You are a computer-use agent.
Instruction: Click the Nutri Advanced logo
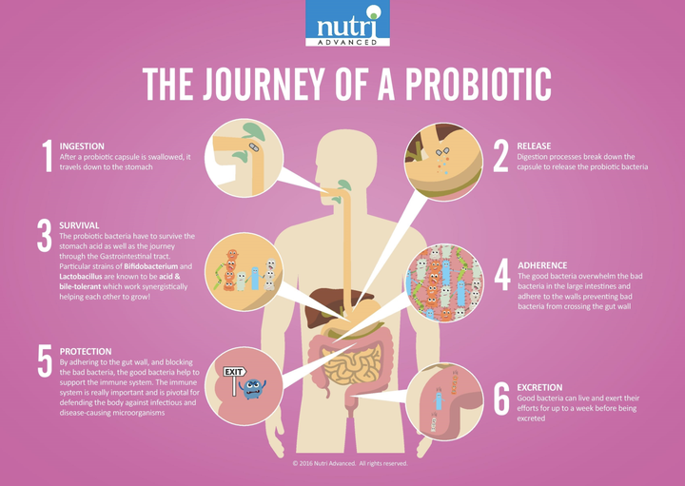347,23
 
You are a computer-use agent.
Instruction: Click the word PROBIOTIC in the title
479,85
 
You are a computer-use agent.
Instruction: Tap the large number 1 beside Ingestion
48,156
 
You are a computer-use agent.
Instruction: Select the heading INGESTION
82,146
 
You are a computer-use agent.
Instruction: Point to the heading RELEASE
534,146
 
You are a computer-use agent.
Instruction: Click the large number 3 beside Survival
45,235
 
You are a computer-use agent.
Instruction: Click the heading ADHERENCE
542,265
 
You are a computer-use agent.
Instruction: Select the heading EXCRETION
539,387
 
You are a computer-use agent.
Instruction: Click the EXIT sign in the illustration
235,372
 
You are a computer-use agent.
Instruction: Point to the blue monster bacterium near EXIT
252,389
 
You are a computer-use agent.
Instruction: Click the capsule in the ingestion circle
253,147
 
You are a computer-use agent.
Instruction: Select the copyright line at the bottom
350,464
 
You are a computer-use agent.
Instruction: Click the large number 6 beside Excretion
501,399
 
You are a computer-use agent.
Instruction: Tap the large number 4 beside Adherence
502,274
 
